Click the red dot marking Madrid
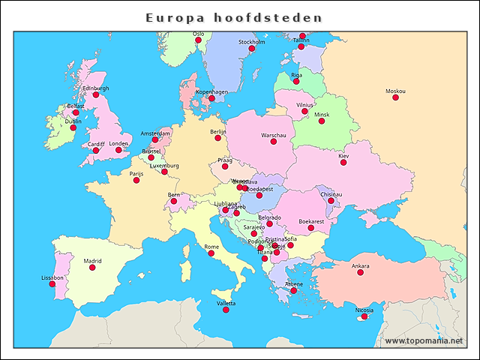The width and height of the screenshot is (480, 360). (92, 268)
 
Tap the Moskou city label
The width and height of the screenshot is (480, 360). (395, 91)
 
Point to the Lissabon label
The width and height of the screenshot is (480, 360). (52, 277)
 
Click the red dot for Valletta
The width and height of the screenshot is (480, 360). (226, 310)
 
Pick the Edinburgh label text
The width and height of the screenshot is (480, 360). (95, 88)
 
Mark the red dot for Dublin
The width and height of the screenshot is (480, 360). (73, 128)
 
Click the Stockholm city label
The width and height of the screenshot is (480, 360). (252, 42)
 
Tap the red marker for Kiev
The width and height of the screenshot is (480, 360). (343, 163)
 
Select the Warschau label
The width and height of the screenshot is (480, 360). (274, 135)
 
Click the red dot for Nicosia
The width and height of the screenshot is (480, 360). (364, 316)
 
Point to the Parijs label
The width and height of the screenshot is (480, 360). (136, 173)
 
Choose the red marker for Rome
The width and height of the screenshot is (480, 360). (211, 253)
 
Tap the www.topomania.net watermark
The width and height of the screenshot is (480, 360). (424, 341)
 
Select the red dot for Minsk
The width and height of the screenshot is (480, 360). (322, 121)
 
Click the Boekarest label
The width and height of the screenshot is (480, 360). (311, 221)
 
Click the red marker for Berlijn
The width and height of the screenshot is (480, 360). (218, 138)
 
